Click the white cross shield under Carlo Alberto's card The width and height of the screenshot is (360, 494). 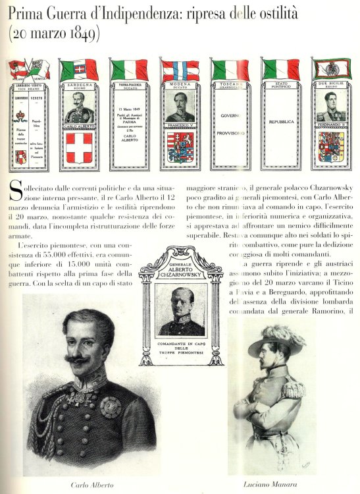click(79, 147)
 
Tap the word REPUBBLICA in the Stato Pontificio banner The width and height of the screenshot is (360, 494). click(281, 122)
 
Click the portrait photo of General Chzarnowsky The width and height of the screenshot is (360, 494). click(180, 310)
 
